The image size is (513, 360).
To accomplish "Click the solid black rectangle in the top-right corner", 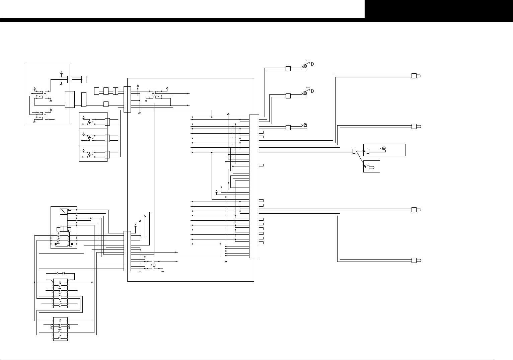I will pos(439,9).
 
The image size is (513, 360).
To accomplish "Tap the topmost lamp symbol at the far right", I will pos(416,76).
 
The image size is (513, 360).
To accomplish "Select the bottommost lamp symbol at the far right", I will pos(416,260).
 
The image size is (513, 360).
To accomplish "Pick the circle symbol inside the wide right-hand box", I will pos(384,148).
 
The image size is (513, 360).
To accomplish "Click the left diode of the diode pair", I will pos(57,274).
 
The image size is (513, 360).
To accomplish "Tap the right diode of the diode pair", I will pos(64,274).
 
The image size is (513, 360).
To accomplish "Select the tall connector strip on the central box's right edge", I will pos(254,186).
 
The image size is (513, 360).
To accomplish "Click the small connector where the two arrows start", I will pos(354,151).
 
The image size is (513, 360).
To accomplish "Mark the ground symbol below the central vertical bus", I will pos(226,262).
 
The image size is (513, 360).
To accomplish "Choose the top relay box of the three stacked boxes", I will pos(93,120).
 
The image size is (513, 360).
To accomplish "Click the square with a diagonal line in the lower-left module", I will pos(63,212).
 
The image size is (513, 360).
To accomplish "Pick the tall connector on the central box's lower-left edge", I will pos(127,251).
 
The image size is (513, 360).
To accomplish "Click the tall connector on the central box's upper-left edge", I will pos(127,99).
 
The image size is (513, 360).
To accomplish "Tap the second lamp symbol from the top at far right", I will pos(416,126).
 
